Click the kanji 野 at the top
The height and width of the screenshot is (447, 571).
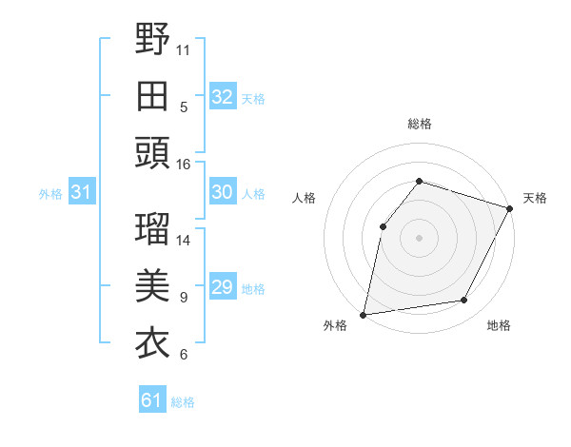152,40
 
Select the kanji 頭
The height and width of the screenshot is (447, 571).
152,152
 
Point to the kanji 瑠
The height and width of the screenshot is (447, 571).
152,229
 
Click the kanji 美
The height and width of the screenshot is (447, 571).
152,286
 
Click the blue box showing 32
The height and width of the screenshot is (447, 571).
223,97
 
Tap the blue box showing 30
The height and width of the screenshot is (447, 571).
223,192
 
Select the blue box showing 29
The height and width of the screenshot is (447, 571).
223,287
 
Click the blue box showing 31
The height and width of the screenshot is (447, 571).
82,193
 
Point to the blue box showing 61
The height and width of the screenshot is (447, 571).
151,400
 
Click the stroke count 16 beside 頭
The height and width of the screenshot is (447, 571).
184,165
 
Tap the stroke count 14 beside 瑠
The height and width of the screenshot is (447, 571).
184,240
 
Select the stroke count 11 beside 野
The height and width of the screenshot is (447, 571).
184,50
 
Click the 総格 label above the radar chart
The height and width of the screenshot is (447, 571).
419,124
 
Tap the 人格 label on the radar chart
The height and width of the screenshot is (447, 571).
305,198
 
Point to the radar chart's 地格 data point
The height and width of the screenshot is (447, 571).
464,301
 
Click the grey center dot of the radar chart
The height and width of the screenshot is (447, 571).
419,237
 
